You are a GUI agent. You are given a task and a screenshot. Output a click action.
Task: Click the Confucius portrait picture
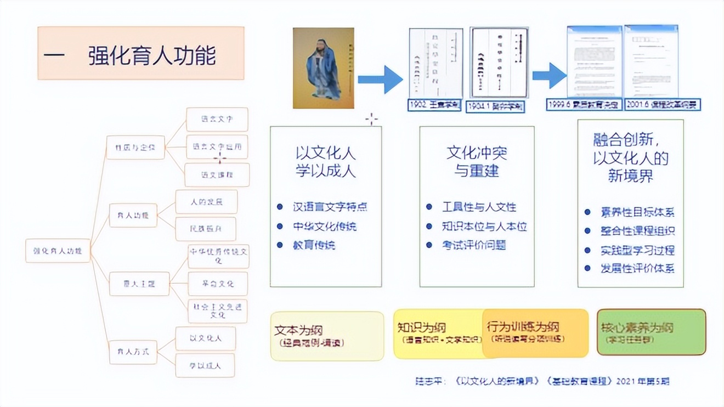[323, 68]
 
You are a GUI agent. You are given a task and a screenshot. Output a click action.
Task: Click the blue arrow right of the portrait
[380, 80]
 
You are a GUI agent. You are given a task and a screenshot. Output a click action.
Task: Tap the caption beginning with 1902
[435, 105]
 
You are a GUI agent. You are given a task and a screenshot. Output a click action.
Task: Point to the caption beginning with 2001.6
[663, 105]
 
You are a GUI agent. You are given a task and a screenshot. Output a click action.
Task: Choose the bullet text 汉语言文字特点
[329, 207]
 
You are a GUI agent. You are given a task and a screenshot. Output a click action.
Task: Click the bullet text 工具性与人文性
[479, 207]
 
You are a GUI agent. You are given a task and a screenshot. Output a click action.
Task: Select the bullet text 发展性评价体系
[637, 268]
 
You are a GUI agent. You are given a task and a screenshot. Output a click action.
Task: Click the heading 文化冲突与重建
[476, 161]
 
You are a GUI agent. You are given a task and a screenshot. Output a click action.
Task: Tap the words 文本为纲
[298, 330]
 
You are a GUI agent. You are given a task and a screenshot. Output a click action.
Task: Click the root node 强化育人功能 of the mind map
[57, 251]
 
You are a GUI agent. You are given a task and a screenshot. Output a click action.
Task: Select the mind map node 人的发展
[206, 202]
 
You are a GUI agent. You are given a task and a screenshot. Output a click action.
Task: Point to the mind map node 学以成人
[205, 365]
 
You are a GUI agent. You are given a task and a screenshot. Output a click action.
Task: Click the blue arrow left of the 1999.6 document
[548, 76]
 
